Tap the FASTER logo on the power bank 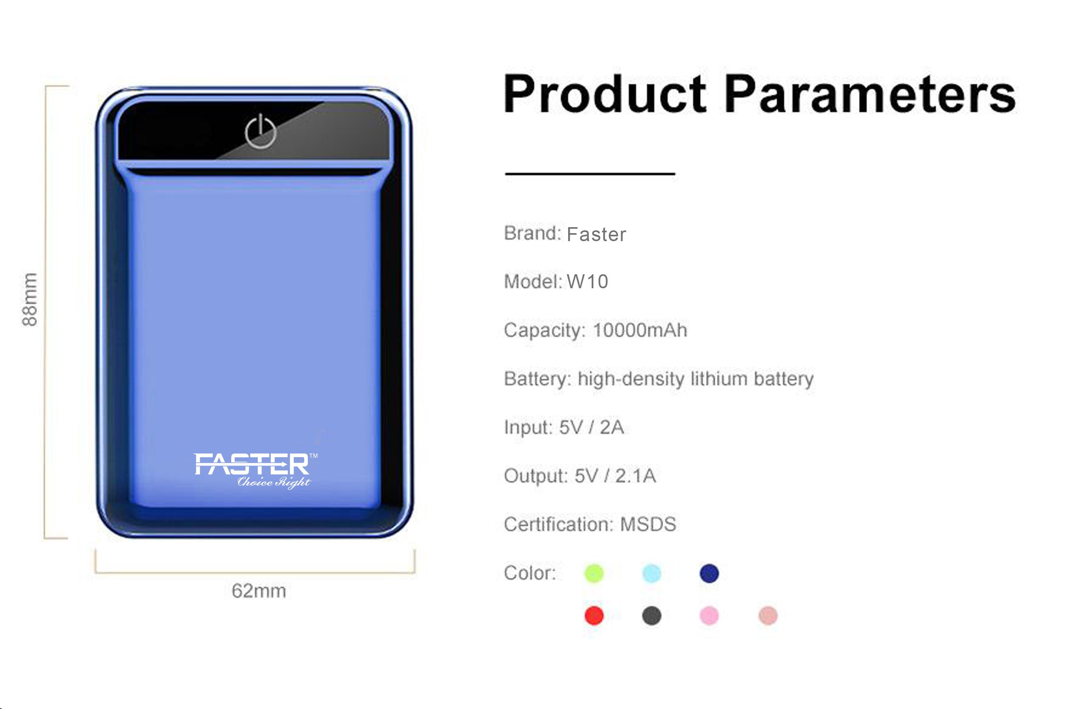(x=256, y=471)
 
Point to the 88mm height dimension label (x=30, y=299)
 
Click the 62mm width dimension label (x=259, y=591)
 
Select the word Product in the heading (x=605, y=95)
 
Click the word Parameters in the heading (x=870, y=95)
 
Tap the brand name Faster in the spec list (x=596, y=235)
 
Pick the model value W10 (x=587, y=282)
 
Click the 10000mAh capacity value (x=640, y=331)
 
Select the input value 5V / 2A (x=591, y=428)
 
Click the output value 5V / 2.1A (x=615, y=476)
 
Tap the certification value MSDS (x=648, y=525)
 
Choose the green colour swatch (x=594, y=574)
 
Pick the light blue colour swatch (x=652, y=574)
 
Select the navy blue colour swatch (x=709, y=574)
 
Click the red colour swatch (x=594, y=616)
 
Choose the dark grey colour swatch (x=652, y=616)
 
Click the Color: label (x=530, y=573)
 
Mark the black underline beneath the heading (x=590, y=173)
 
